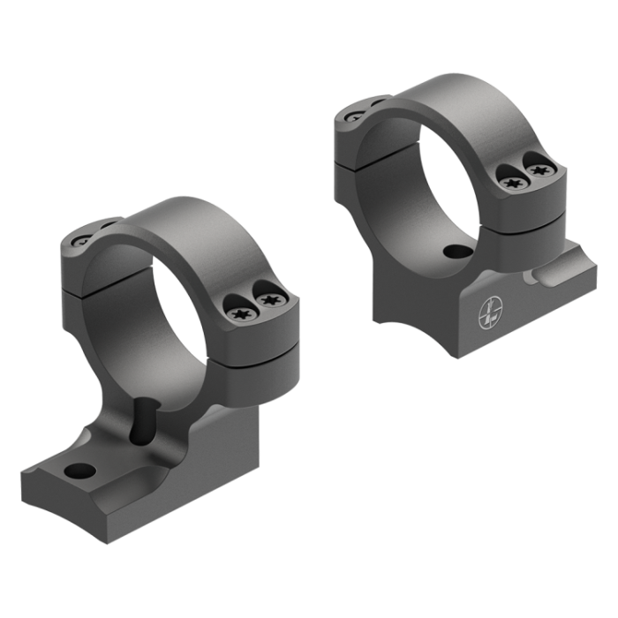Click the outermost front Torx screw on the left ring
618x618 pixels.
point(270,303)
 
